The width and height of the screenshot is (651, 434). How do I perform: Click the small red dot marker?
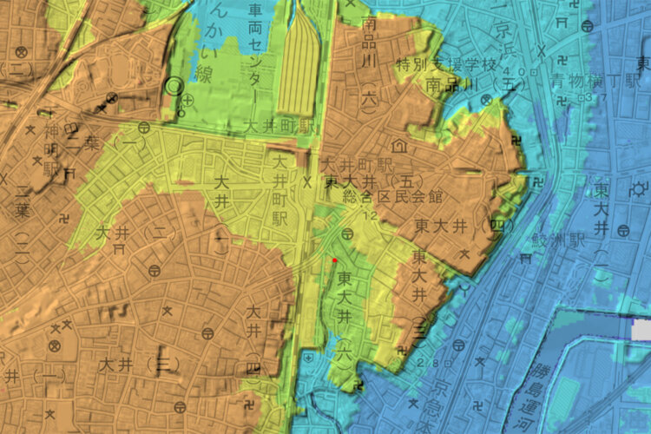335,259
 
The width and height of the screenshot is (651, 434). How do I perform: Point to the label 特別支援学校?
445,64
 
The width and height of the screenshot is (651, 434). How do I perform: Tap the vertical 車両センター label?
255,43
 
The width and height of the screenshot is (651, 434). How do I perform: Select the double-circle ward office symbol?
174,85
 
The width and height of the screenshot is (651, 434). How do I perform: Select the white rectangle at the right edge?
641,330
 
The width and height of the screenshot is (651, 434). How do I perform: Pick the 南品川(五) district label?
464,85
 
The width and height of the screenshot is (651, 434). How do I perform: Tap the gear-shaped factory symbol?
641,188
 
